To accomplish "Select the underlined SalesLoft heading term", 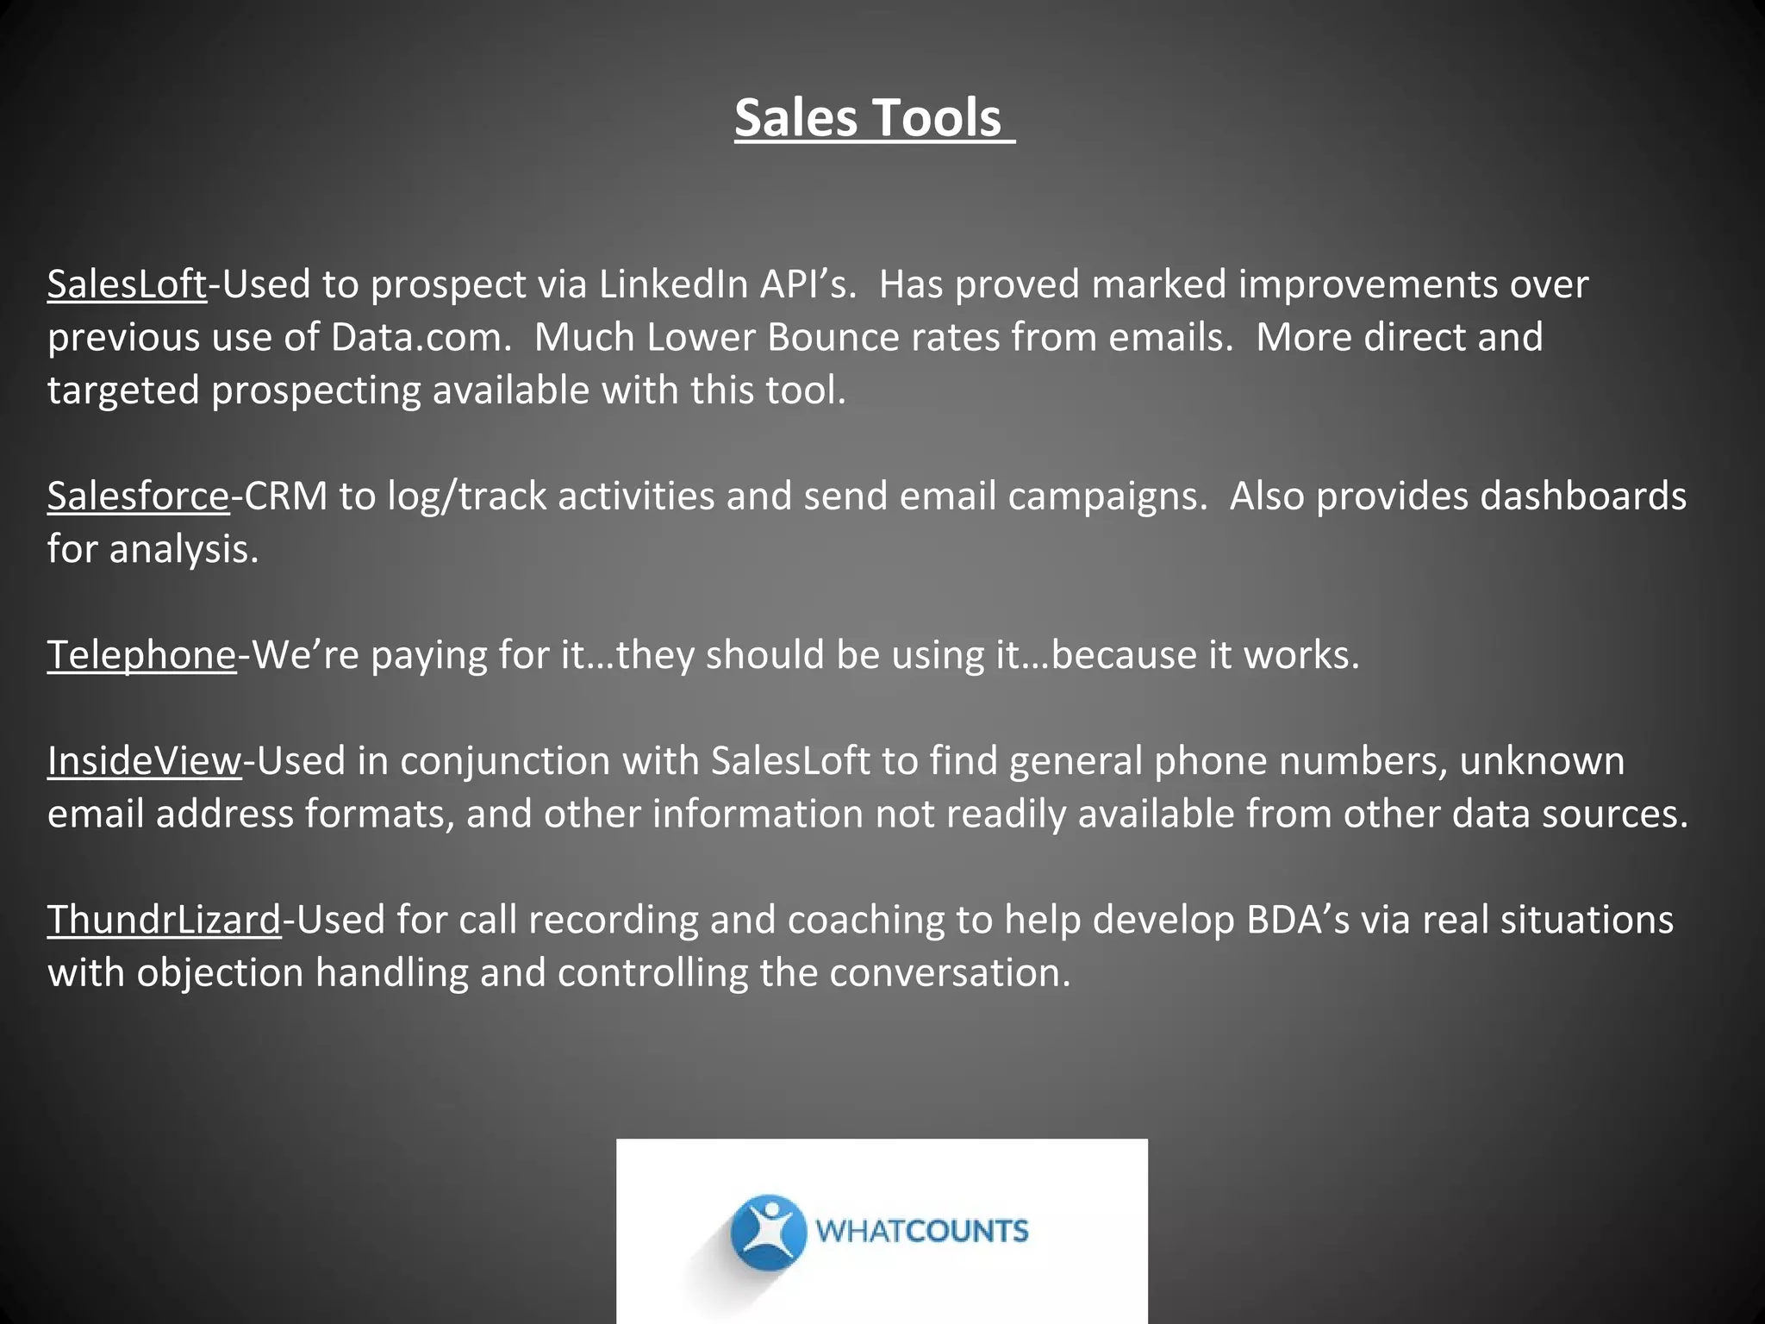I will pyautogui.click(x=127, y=284).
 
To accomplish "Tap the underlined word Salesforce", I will pyautogui.click(x=138, y=496).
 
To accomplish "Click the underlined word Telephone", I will pyautogui.click(x=141, y=655).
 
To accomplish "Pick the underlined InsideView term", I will pyautogui.click(x=144, y=761).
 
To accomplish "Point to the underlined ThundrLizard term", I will pyautogui.click(x=164, y=920).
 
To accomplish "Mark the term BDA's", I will pyautogui.click(x=1298, y=920).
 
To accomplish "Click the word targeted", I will pyautogui.click(x=123, y=390).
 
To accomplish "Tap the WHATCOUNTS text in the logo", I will pyautogui.click(x=921, y=1231).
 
